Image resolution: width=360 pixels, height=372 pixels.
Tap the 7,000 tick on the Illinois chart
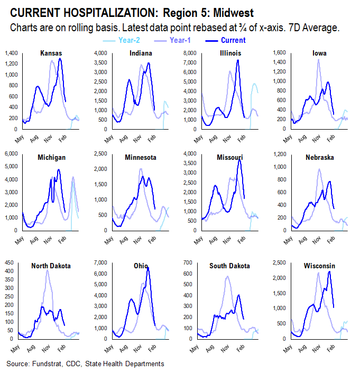click(x=190, y=63)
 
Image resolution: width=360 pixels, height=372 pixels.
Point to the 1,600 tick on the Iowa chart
click(x=280, y=53)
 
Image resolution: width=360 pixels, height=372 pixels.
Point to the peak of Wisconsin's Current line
click(x=329, y=271)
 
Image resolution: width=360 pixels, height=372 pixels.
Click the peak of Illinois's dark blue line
click(x=238, y=60)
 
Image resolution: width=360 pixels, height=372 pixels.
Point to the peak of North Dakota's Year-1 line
click(x=48, y=270)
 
